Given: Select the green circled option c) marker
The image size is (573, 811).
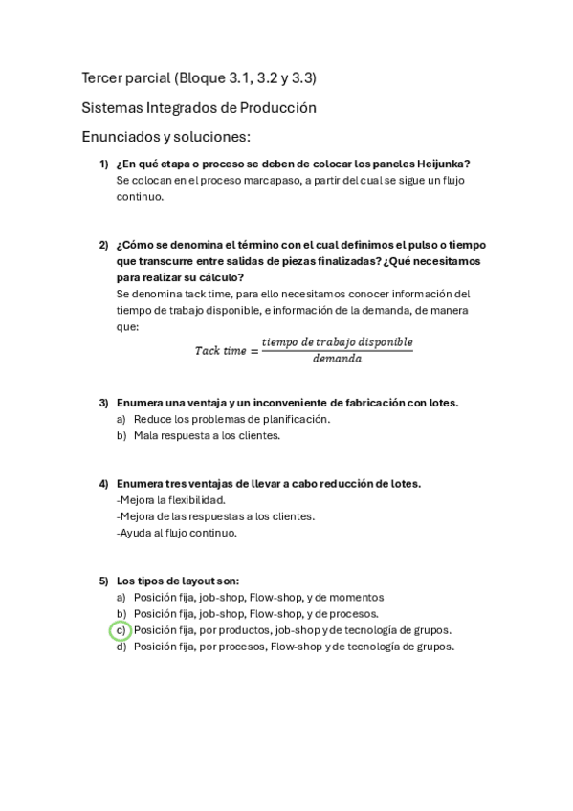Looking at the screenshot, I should click(120, 630).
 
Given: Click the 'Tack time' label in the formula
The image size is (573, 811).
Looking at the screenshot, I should click(221, 351).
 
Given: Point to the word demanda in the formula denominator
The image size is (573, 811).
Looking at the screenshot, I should click(337, 360).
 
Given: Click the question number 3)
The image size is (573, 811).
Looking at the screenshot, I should click(104, 403).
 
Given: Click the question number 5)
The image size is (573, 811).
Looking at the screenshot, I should click(104, 581).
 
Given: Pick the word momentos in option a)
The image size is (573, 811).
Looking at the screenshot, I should click(353, 597).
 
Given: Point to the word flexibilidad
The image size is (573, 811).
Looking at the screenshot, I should click(194, 500).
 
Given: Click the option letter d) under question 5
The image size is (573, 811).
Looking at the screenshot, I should click(121, 647).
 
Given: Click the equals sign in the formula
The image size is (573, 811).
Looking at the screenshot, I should click(253, 351).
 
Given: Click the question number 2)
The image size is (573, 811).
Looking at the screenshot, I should click(104, 245).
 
